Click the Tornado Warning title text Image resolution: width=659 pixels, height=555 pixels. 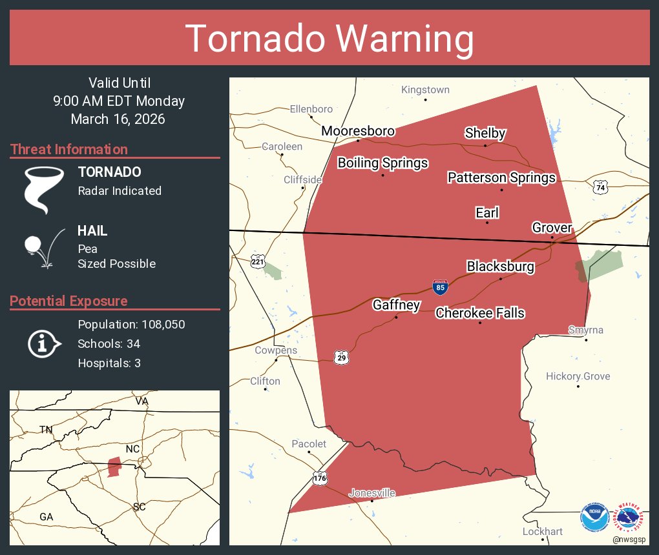click(329, 39)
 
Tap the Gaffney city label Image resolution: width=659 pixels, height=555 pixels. click(396, 305)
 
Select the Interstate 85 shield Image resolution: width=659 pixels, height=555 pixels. click(440, 287)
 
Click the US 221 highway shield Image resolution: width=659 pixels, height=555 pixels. click(257, 261)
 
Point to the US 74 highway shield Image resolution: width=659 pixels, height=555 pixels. click(601, 187)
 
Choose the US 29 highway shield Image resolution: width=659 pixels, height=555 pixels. click(342, 357)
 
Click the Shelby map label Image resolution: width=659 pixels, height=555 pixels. click(485, 134)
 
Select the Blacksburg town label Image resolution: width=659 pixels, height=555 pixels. click(500, 267)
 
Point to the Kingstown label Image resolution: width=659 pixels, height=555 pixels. click(425, 90)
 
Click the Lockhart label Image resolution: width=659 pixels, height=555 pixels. click(543, 532)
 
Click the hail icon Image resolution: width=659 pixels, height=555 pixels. click(42, 247)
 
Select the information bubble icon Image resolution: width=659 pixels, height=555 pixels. click(43, 344)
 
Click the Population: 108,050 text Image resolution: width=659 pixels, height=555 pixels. click(131, 324)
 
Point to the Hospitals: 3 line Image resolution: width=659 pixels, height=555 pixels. click(109, 363)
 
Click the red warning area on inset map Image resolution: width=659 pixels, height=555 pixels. click(114, 467)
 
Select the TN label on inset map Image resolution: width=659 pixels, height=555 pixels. click(46, 429)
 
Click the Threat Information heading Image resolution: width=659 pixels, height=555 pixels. click(69, 149)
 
